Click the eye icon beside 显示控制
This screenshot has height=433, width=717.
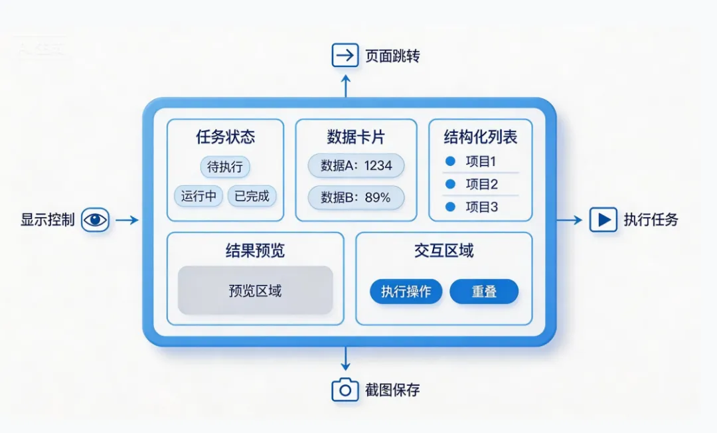coord(95,220)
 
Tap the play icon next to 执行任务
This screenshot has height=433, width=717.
coord(603,220)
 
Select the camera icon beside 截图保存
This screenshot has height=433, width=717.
coord(345,390)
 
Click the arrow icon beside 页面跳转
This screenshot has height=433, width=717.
coord(345,55)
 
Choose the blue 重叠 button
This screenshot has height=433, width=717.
coord(484,292)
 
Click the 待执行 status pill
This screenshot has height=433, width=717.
coord(225,167)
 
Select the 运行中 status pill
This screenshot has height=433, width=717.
coord(199,197)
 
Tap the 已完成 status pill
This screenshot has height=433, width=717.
coord(252,197)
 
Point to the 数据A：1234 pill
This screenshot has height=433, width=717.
coord(356,166)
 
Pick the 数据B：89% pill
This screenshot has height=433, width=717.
coord(356,197)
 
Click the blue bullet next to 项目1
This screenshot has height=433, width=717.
coord(450,161)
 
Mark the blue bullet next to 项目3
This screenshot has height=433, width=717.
coord(450,207)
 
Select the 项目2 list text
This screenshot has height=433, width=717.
coord(481,185)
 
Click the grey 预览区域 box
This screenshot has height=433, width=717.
coord(255,290)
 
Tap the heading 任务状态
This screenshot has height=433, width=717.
coord(225,137)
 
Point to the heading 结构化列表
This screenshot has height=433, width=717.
coord(480,137)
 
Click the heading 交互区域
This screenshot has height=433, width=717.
coord(443,250)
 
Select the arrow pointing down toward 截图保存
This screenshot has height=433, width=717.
coord(345,359)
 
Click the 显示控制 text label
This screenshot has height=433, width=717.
coord(48,220)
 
